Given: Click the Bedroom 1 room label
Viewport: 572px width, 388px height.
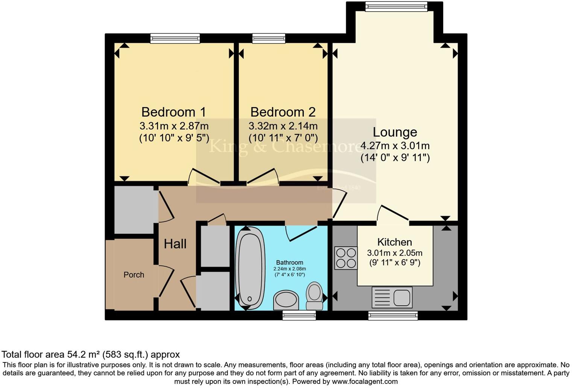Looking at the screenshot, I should tap(173, 112).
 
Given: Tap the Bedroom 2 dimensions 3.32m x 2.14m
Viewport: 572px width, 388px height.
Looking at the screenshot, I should tap(283, 126).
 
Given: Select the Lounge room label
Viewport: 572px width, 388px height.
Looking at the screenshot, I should tap(395, 132).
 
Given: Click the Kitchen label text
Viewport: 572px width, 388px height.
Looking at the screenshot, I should tap(394, 242).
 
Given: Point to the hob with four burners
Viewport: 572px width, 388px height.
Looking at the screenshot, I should tap(346, 258).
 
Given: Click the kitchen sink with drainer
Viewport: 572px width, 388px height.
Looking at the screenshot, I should tap(392, 297).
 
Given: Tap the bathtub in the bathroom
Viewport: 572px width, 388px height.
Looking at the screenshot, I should tap(249, 269).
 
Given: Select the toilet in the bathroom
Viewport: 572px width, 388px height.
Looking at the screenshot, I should tap(314, 295).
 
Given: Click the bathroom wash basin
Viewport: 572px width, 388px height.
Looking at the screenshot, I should tap(286, 300).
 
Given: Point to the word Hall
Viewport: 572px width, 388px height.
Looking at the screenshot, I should tap(175, 244).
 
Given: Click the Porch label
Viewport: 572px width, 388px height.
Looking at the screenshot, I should tap(134, 275).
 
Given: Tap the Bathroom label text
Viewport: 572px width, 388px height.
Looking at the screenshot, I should tap(289, 262).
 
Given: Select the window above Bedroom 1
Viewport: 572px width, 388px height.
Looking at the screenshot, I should tap(175, 38).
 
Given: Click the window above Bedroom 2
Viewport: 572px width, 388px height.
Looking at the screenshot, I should tap(268, 38).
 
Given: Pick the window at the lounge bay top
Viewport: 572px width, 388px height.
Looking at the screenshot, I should tap(396, 6).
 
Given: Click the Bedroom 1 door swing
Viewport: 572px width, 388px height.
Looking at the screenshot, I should tap(204, 177).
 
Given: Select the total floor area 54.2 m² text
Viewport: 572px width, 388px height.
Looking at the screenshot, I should tap(91, 354).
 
